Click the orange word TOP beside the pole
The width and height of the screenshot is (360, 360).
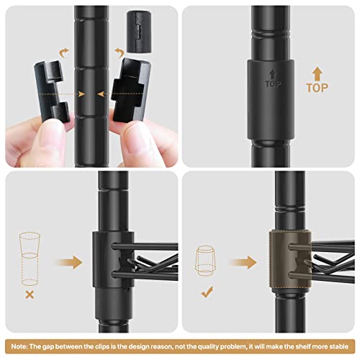tap(317, 88)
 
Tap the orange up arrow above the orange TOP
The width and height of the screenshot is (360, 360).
tap(318, 73)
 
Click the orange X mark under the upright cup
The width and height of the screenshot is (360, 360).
tap(30, 294)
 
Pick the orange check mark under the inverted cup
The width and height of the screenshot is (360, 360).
tap(207, 292)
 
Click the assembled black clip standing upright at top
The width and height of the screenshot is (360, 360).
tap(139, 32)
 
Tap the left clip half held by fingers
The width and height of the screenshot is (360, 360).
tap(51, 91)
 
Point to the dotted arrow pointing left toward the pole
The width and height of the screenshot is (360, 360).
tap(121, 94)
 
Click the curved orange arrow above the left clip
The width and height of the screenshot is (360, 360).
tap(63, 53)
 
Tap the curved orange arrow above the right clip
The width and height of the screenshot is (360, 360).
tap(120, 53)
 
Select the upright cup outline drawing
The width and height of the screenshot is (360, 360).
tap(30, 259)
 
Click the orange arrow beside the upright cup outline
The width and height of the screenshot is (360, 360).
tap(70, 262)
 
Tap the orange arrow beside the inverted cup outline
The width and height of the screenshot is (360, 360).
tap(243, 262)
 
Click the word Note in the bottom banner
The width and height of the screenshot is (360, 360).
tap(19, 346)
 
